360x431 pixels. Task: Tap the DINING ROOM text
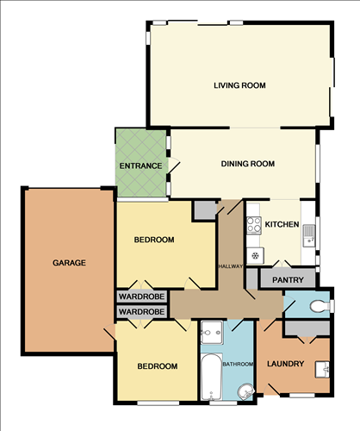pos(247,164)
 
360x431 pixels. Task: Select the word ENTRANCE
pos(141,165)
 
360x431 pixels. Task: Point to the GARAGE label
pos(69,263)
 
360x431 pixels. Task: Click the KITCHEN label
pos(282,225)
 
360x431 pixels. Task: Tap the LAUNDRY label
pos(286,364)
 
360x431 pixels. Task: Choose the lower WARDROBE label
pos(141,311)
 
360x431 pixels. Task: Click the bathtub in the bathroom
pos(211,374)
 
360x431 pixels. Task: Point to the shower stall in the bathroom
pos(212,333)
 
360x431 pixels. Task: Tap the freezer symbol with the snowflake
pos(255,255)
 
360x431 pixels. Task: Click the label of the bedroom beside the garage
pos(155,240)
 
